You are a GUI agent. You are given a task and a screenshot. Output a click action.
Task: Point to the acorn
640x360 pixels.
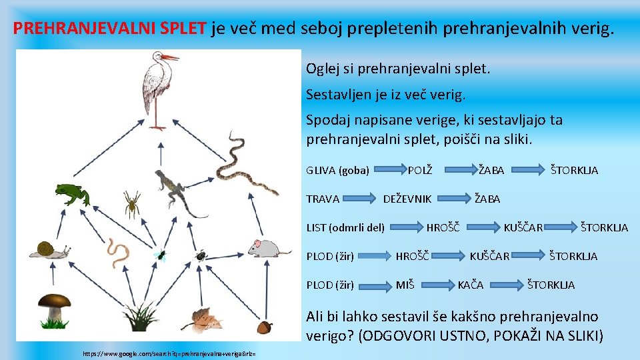[265, 327]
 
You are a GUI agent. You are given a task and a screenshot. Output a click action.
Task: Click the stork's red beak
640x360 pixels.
[171, 58]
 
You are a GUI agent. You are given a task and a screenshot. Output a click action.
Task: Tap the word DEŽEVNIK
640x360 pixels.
[407, 199]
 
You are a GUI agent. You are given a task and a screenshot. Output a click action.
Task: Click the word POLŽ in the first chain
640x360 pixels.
[420, 170]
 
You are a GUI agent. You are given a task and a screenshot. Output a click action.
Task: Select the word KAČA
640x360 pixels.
[470, 285]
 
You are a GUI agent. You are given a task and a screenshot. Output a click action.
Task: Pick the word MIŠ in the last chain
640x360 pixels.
[405, 285]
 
